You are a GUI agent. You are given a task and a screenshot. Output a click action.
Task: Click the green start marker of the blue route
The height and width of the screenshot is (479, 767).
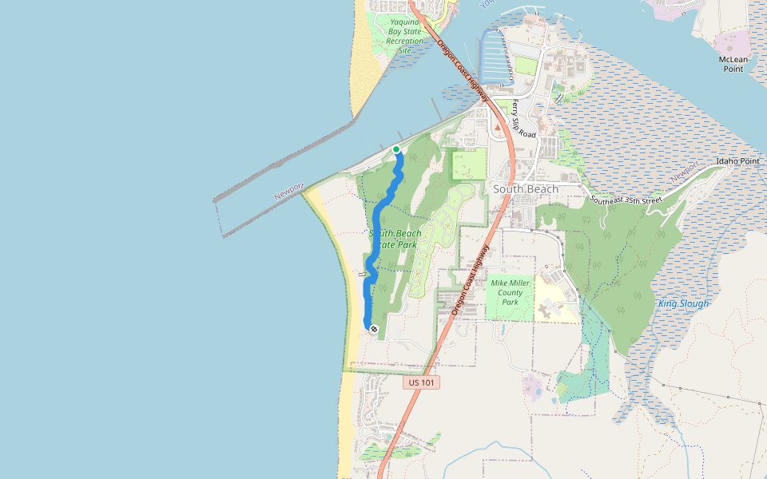point(396,149)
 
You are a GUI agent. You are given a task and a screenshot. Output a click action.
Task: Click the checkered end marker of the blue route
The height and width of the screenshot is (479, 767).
point(373,328)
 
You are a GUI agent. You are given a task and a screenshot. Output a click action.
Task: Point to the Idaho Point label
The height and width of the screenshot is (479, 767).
point(737,161)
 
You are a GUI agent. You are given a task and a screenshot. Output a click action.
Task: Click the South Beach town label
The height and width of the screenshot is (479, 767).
point(524,189)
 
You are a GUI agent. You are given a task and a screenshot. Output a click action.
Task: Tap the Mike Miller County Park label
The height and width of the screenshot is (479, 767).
point(510,292)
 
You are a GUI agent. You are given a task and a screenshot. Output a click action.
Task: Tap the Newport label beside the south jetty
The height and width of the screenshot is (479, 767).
point(288,192)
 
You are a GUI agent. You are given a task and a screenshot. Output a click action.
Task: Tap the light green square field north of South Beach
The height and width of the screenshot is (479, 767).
point(469,165)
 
